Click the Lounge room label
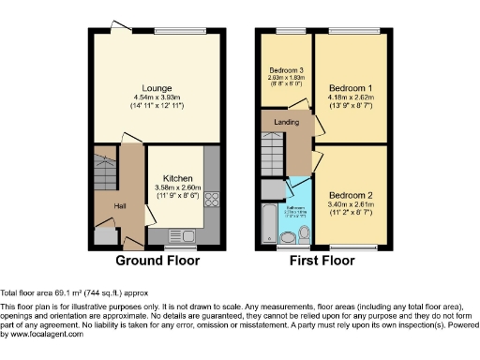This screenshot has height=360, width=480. coord(157,88)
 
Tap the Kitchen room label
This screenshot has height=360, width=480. coord(178,178)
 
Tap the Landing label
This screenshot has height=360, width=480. coord(286,122)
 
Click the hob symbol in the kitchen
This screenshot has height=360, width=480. coord(211,198)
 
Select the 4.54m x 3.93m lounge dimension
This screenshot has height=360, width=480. coord(157,97)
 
